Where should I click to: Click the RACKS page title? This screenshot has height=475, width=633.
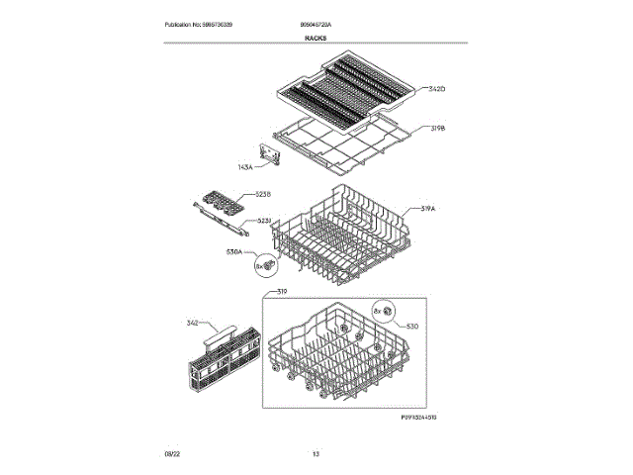[316, 38]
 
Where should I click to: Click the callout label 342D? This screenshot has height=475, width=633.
[437, 89]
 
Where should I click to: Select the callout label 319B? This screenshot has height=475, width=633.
[438, 129]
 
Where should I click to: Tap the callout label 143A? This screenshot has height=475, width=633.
[245, 167]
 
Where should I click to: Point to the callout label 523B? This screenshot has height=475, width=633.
[263, 194]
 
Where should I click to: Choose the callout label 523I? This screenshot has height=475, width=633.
[263, 221]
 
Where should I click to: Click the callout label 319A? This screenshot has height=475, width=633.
[429, 209]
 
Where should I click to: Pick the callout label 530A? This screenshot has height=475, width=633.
[235, 252]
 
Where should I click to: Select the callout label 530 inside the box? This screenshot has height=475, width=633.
[412, 326]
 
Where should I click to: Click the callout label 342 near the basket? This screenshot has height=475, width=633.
[193, 323]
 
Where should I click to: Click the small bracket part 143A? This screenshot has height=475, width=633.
[268, 154]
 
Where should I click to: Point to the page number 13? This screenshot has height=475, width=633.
[316, 453]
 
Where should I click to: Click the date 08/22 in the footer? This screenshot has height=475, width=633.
[172, 453]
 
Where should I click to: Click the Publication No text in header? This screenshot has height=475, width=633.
[198, 24]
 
